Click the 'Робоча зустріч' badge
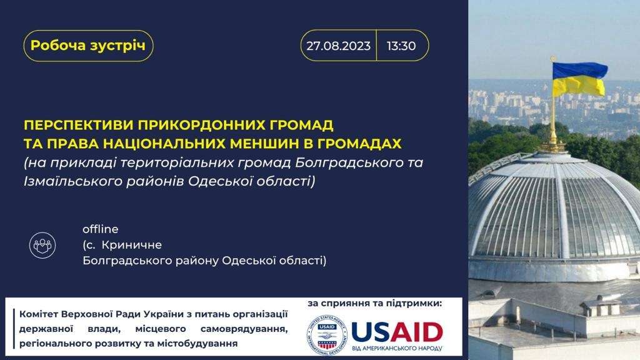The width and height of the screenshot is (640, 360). pos(88,45)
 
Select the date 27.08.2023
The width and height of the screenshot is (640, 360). pos(338,46)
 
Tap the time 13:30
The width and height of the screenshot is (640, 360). pos(401,46)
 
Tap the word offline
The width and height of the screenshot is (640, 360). pos(101,229)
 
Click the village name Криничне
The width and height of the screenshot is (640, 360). pos(131,245)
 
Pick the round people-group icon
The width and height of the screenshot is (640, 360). pos(42,245)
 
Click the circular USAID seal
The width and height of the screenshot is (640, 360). pos(326,335)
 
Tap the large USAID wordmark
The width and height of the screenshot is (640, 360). pos(397,332)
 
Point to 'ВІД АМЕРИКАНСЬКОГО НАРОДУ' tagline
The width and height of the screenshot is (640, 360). pos(397,348)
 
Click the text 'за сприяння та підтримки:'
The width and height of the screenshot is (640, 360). pos(375,303)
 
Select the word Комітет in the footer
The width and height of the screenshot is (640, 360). pos(39,314)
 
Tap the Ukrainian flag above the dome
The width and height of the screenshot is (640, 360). pos(579,79)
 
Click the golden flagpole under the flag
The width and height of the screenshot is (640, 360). pos(553,118)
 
